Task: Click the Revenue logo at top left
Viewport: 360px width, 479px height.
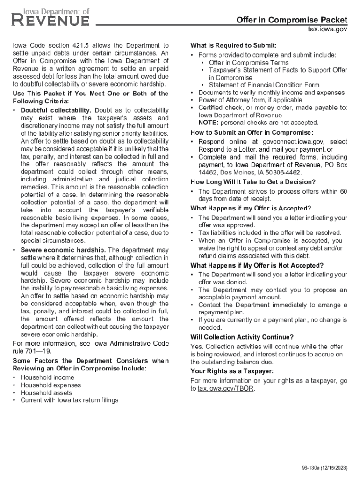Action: coord(50,17)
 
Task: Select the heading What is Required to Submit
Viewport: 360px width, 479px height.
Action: coord(233,45)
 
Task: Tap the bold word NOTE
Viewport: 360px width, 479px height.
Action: coord(208,123)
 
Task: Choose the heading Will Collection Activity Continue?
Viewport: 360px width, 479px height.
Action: coord(242,337)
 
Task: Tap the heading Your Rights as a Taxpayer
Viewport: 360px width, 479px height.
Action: coord(232,371)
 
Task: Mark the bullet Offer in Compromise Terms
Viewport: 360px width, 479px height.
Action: coord(249,63)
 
